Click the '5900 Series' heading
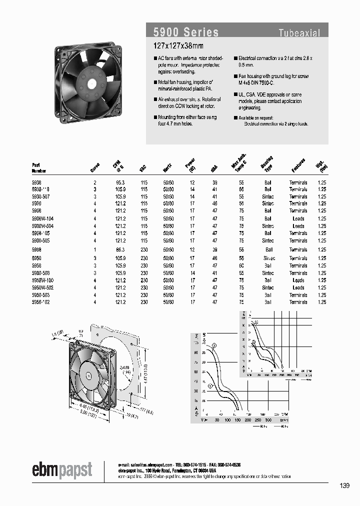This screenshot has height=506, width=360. [185, 32]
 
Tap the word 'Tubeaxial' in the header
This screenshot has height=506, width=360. [299, 33]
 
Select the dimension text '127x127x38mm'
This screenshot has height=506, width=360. [174, 45]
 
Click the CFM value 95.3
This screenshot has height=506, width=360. [116, 182]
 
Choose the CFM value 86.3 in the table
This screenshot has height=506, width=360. [116, 249]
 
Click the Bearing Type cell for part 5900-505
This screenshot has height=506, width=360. [268, 240]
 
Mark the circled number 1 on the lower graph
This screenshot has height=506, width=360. [210, 386]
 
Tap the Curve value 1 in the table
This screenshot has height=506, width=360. [95, 249]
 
